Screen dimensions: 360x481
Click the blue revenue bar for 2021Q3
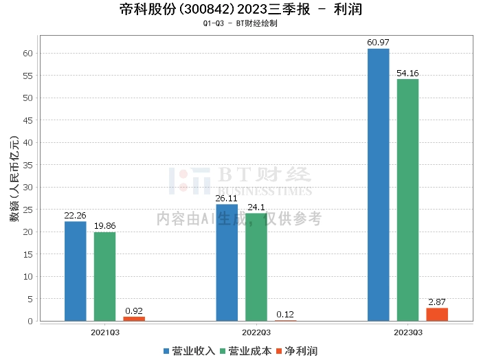click(76, 271)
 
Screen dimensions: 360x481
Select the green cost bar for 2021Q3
click(104, 276)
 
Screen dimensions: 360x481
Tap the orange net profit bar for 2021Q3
click(134, 319)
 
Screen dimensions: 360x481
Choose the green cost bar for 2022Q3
click(256, 267)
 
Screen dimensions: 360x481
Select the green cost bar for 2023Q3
click(407, 199)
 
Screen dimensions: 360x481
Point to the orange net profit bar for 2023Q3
click(437, 315)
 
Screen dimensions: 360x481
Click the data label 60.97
click(378, 43)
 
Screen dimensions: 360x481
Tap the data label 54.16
click(407, 73)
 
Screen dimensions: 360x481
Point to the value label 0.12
click(285, 315)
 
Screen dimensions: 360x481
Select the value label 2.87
click(437, 302)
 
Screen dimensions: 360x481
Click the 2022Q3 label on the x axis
click(256, 332)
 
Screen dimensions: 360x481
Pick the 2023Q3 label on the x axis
click(408, 332)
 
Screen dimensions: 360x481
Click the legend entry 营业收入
click(190, 350)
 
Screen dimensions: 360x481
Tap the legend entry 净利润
click(297, 350)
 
